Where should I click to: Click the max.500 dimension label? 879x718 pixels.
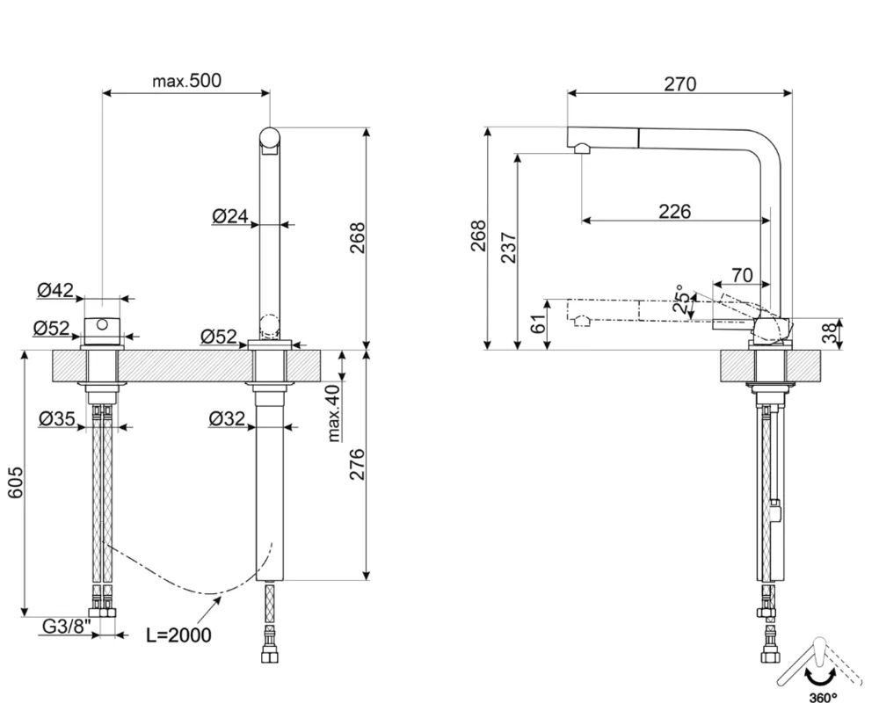tap(186, 81)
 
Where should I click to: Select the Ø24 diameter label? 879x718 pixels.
tap(230, 215)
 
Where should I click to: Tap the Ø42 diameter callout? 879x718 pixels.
tap(55, 290)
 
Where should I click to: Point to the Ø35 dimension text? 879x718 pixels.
tap(57, 419)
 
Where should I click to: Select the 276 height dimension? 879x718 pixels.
tap(357, 464)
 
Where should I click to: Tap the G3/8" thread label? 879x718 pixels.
tap(67, 627)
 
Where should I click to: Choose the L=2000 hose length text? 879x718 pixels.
tap(178, 635)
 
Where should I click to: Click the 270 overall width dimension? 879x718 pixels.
tap(679, 84)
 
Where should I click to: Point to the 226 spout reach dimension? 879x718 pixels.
tap(674, 211)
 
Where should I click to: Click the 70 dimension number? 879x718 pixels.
tap(741, 275)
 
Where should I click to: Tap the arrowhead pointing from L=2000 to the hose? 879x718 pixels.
tap(217, 600)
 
